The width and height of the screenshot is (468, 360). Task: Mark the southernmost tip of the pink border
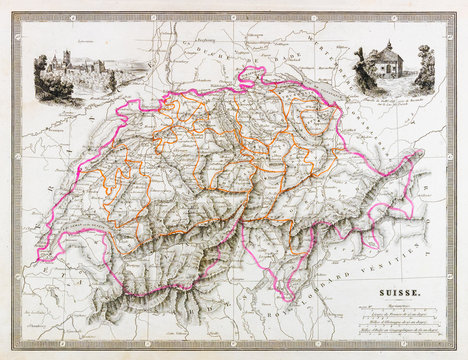click(288, 299)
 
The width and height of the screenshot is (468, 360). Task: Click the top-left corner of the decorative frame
click(14, 15)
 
